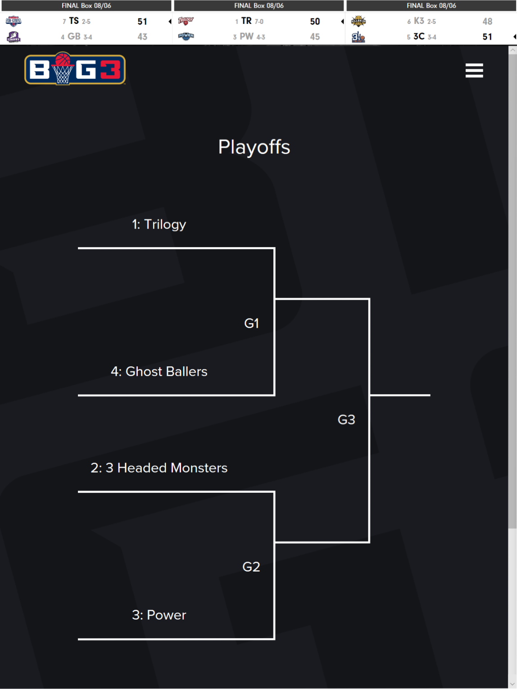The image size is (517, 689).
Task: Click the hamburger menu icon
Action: click(x=474, y=70)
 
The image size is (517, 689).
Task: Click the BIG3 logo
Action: click(x=75, y=69)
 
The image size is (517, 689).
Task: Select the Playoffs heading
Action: click(x=254, y=147)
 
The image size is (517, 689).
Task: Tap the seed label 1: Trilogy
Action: click(x=159, y=224)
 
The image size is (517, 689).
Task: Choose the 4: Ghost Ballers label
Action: click(x=159, y=371)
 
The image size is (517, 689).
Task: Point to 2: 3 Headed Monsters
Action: click(x=159, y=468)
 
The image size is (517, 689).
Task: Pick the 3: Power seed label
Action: click(x=159, y=615)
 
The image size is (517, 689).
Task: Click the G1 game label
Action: click(x=251, y=323)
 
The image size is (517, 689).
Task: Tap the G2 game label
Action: click(x=251, y=567)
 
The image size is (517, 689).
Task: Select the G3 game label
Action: click(x=346, y=419)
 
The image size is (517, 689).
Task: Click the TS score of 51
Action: click(x=142, y=22)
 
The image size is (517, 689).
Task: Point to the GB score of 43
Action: click(x=142, y=37)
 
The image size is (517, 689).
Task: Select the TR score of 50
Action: click(x=315, y=22)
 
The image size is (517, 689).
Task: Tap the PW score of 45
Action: click(x=315, y=37)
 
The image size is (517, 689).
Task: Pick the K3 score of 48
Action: click(x=487, y=22)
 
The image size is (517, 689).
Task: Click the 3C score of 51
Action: click(x=487, y=37)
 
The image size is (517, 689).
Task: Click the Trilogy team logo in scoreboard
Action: click(x=186, y=21)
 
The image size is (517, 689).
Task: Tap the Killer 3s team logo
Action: click(x=358, y=21)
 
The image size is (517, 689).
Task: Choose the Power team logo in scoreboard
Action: click(x=186, y=36)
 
